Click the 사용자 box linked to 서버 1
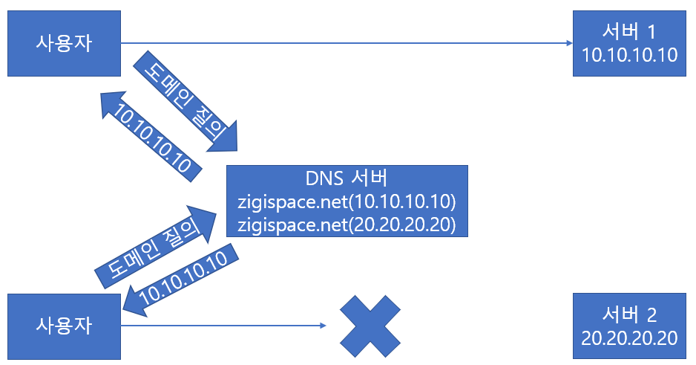[x=64, y=43]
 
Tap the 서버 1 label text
[x=630, y=32]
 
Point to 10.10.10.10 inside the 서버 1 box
[x=630, y=55]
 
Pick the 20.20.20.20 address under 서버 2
[x=630, y=337]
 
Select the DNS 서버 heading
[x=347, y=179]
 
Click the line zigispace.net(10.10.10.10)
[x=347, y=201]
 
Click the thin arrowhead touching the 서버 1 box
[x=568, y=43]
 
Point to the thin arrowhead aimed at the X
[x=323, y=326]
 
